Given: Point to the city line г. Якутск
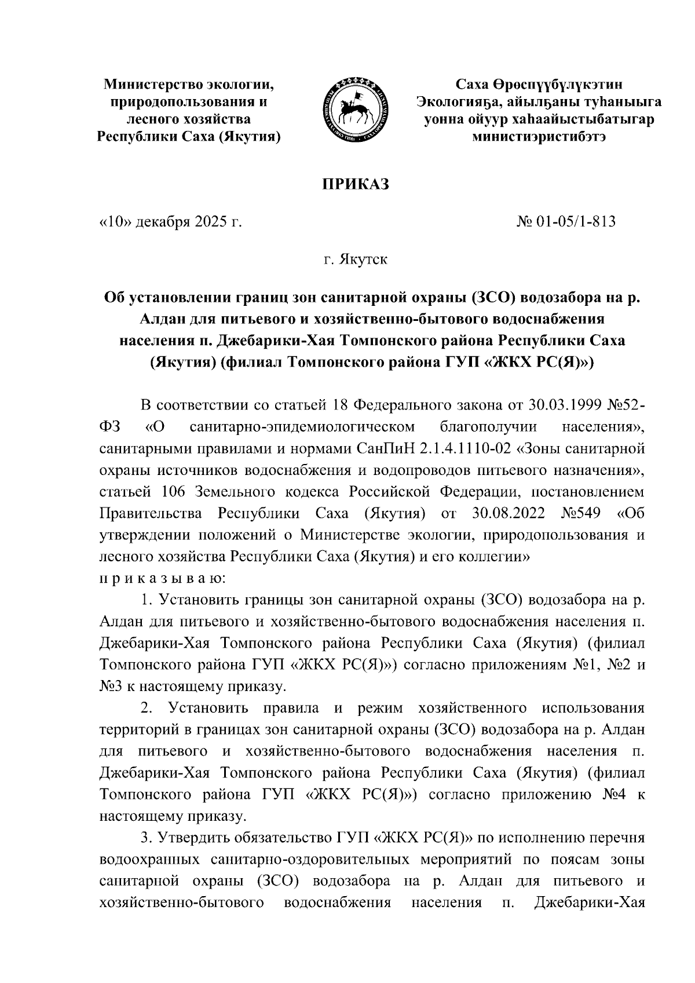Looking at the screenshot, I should pos(355,259).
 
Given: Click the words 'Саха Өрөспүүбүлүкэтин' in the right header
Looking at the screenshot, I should pos(539,85).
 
